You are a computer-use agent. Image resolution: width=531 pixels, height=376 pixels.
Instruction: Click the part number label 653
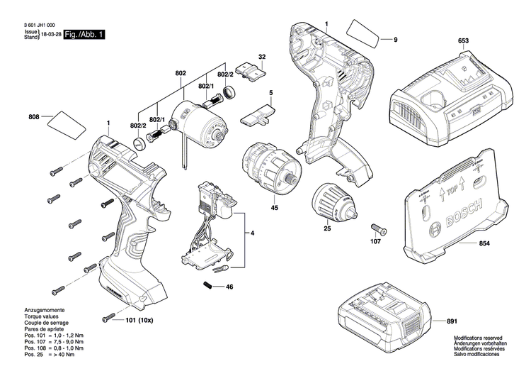[463, 43]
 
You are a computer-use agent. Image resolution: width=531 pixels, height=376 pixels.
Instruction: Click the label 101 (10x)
[139, 319]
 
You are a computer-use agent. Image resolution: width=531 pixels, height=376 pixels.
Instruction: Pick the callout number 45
[274, 209]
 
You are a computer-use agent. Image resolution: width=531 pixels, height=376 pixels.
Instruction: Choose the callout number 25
[327, 228]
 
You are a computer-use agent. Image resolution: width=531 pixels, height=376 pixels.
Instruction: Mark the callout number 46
[229, 287]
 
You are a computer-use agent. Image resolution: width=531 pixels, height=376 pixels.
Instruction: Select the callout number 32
[262, 57]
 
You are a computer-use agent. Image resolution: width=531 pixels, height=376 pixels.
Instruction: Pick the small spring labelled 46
[209, 285]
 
